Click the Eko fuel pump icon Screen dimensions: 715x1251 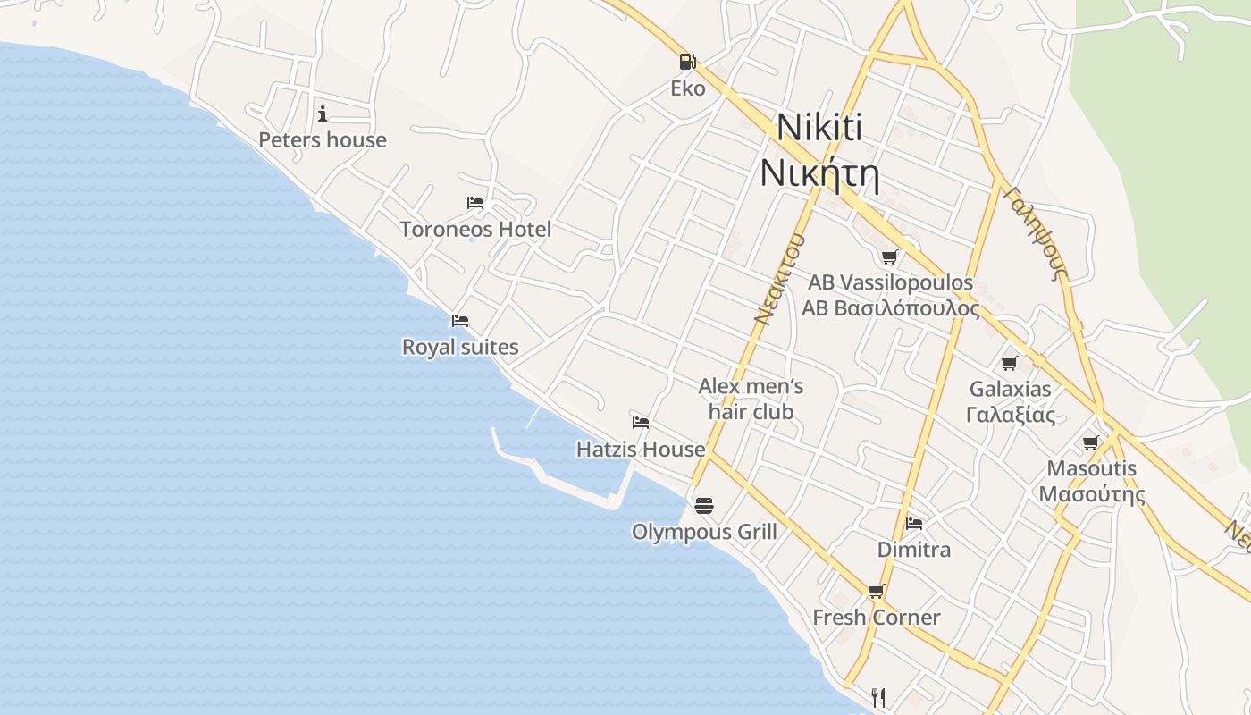(x=687, y=62)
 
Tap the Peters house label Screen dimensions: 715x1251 (x=323, y=140)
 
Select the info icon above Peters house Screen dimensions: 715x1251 (x=323, y=114)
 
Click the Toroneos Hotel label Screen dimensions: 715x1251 (x=475, y=230)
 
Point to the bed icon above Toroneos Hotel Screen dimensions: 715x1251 (x=475, y=203)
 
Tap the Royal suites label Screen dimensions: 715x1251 (x=460, y=347)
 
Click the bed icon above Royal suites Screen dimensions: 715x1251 (x=460, y=320)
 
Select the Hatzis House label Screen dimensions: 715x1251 (x=641, y=450)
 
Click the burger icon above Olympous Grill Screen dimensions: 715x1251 (x=704, y=506)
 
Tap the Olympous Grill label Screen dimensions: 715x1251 (x=704, y=533)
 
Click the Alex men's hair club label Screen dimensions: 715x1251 (x=751, y=399)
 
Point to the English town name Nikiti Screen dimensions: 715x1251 (x=819, y=127)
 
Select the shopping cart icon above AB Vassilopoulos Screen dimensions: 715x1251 (x=889, y=257)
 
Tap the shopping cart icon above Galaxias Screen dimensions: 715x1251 (x=1010, y=363)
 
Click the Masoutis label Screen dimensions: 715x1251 (x=1091, y=469)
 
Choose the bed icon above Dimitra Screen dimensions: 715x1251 (x=914, y=523)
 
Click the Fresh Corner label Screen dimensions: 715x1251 (x=876, y=618)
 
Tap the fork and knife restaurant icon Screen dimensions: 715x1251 (x=878, y=696)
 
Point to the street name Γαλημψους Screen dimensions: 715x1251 (x=1037, y=232)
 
